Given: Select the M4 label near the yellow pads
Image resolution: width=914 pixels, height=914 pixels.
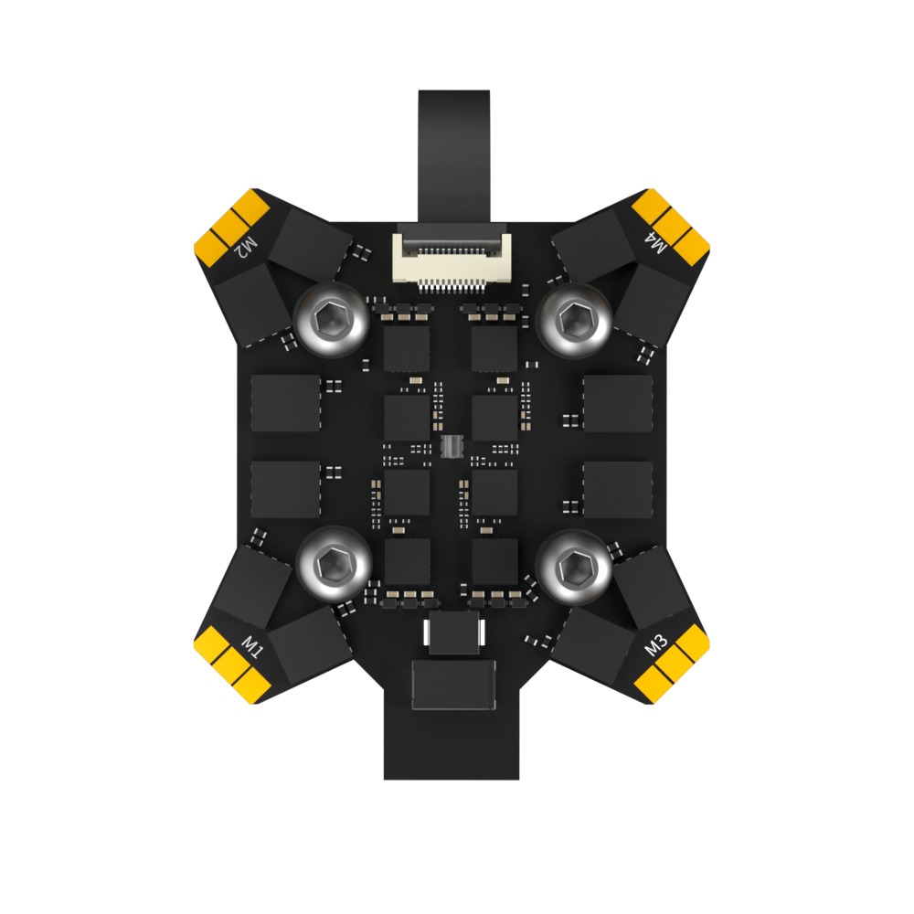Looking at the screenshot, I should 656,244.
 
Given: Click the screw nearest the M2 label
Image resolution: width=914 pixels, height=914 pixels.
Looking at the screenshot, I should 331,317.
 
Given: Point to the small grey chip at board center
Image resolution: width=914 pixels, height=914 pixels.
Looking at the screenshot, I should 450,446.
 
